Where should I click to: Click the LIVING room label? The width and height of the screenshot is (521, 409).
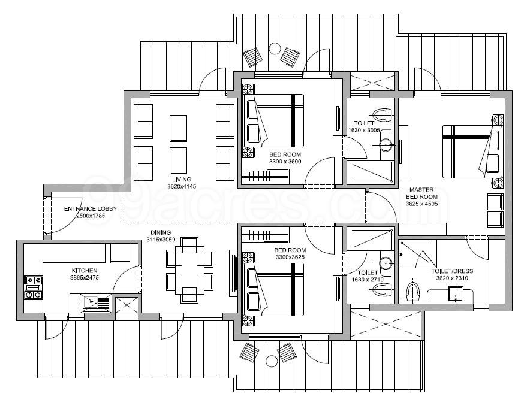(x=180, y=179)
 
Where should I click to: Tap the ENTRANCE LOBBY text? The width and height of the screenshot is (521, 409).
(x=86, y=209)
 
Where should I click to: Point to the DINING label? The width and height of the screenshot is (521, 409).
(x=161, y=232)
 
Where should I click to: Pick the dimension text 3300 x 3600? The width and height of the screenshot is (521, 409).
(x=285, y=162)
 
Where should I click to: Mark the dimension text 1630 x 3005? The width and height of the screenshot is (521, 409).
(x=365, y=130)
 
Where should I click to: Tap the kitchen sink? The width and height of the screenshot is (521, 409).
(x=95, y=302)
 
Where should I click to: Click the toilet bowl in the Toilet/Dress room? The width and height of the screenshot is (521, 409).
(x=412, y=292)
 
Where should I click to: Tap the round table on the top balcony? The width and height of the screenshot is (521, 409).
(x=274, y=49)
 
